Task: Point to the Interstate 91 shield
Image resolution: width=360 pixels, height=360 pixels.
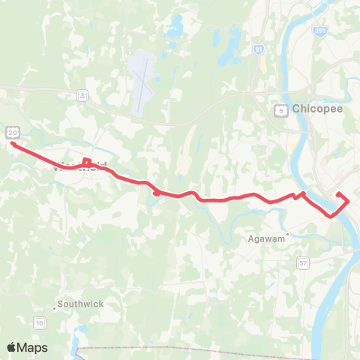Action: click(x=259, y=50)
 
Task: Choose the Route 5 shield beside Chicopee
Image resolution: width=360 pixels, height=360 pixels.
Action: click(x=280, y=109)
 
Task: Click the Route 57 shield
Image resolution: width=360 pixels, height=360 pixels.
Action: click(x=302, y=262)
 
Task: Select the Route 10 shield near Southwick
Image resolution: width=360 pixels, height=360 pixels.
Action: click(x=39, y=322)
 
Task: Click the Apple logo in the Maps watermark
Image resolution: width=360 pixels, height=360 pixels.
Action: click(x=12, y=347)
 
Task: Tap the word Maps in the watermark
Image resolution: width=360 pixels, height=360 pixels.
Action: click(x=33, y=347)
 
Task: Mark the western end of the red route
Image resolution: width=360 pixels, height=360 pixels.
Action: click(x=13, y=143)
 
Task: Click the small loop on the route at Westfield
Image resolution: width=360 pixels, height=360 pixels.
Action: click(x=86, y=161)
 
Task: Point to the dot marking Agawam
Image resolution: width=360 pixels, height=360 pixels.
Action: click(x=287, y=233)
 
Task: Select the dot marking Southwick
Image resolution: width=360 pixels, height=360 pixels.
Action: click(x=55, y=308)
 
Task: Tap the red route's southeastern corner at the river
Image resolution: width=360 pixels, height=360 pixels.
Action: click(x=331, y=216)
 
